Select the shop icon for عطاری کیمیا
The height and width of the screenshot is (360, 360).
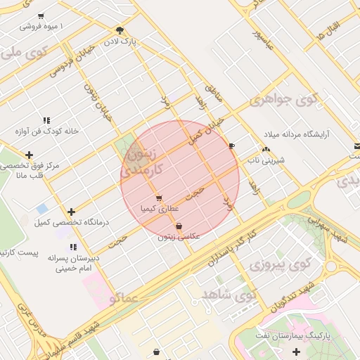coord(160,198)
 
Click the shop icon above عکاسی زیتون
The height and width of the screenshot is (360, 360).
coord(179,226)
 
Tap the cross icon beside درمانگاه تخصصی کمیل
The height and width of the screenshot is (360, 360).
coord(71,212)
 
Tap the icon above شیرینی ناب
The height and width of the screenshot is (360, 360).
coord(265,149)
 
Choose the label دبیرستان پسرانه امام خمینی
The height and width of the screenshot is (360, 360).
coord(70,263)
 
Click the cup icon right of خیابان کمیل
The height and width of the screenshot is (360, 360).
coord(232,146)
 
